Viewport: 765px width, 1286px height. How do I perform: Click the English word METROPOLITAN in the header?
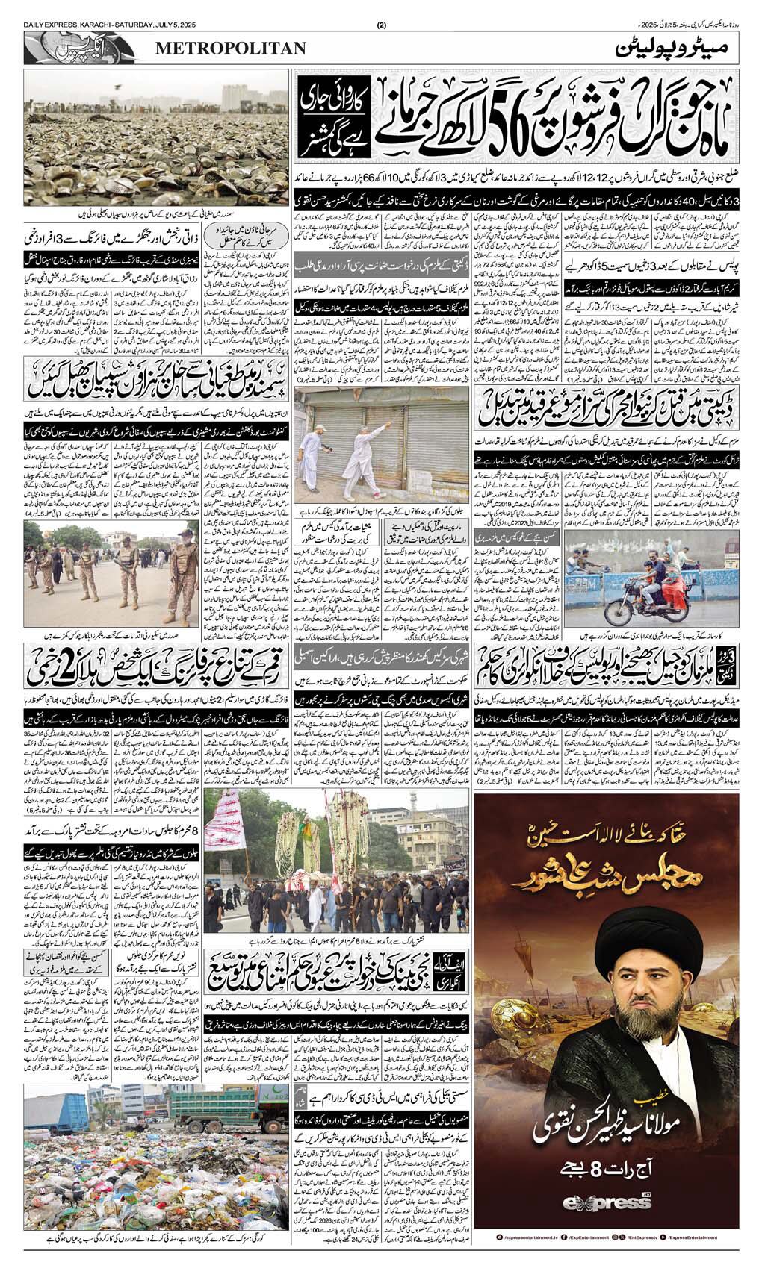[230, 48]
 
